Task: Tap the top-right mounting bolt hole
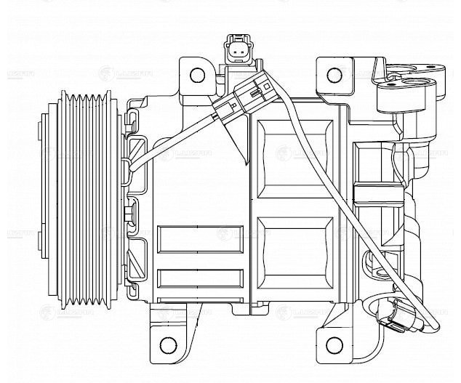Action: point(334,75)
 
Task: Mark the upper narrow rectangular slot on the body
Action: point(199,238)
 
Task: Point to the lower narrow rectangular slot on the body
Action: point(199,277)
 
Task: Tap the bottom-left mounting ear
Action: point(172,335)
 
